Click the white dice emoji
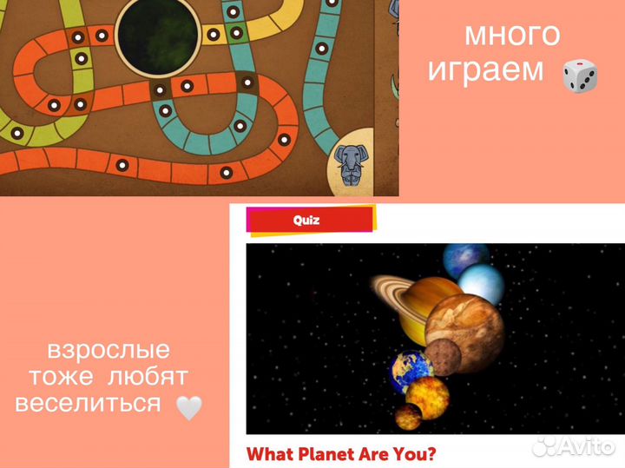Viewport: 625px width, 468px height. (580, 77)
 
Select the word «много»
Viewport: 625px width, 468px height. (512, 35)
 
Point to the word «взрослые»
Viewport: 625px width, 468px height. (109, 352)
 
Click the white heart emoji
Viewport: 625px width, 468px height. (189, 406)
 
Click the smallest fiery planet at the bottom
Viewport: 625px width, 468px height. (407, 415)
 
